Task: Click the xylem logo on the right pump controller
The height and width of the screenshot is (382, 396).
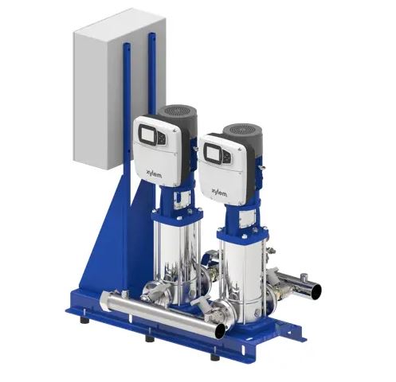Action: (x=219, y=193)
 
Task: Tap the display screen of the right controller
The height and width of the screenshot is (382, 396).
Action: (x=214, y=154)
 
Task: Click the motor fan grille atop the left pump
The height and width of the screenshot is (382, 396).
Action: (x=178, y=111)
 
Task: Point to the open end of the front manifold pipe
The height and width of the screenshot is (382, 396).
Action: (x=220, y=331)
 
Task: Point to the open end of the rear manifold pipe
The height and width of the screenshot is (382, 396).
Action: (x=316, y=290)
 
